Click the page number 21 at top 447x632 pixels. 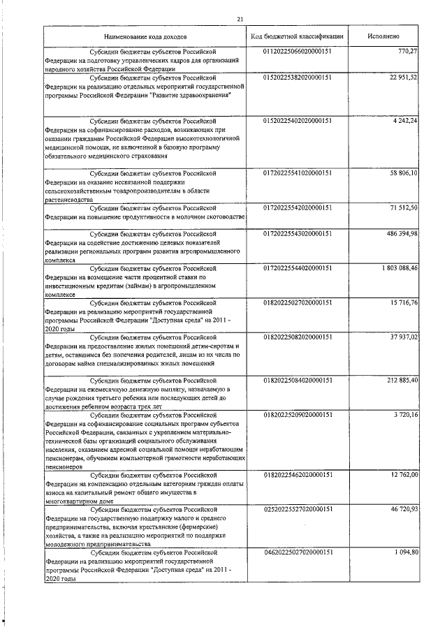click(240, 19)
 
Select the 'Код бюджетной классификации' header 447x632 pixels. click(297, 35)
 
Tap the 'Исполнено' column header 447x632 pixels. click(383, 35)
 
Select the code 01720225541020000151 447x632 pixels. click(297, 172)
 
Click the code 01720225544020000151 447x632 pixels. click(297, 268)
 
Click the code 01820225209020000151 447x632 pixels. click(297, 415)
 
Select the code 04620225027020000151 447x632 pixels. click(297, 552)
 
